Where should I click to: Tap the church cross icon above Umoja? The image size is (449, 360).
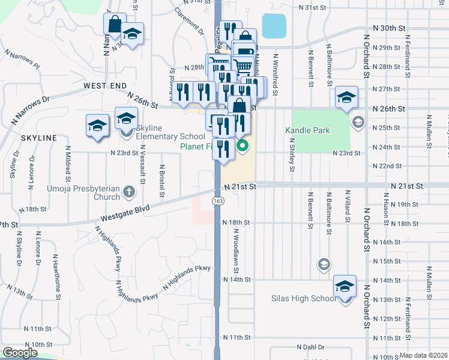[127, 193]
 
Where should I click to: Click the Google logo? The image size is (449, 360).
[20, 353]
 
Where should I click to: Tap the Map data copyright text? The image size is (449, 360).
[424, 355]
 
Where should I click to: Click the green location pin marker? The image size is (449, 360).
[243, 145]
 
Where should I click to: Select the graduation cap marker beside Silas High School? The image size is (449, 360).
[345, 286]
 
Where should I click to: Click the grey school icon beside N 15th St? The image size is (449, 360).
[324, 265]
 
